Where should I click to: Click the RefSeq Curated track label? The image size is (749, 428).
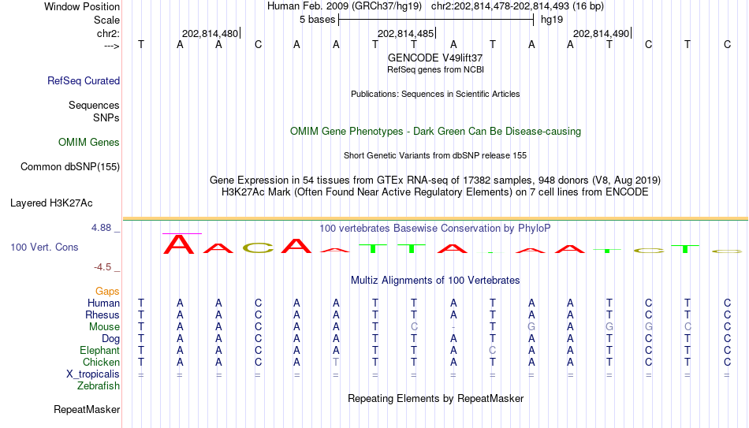click(84, 80)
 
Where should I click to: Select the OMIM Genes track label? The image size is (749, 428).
click(89, 143)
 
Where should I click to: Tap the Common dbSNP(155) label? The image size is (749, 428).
click(70, 167)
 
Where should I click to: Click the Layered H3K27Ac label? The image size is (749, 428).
click(51, 203)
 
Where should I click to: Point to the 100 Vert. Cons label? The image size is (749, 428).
click(44, 247)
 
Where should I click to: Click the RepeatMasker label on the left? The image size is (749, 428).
click(87, 409)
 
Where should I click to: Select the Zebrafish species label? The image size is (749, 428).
click(99, 386)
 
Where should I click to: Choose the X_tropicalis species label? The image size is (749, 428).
click(93, 374)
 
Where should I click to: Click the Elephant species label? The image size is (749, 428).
click(99, 350)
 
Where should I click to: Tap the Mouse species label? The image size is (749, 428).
click(104, 327)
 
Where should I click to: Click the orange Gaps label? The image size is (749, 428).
click(107, 292)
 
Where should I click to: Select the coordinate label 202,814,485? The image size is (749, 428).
click(405, 33)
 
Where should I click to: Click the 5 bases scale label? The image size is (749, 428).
click(317, 20)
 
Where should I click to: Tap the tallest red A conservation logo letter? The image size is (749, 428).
click(179, 244)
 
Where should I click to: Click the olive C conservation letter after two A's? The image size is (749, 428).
click(258, 248)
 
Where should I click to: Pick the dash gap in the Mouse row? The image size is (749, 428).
click(453, 327)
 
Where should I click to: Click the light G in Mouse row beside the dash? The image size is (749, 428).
click(531, 327)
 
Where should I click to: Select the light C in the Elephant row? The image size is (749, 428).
click(493, 350)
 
